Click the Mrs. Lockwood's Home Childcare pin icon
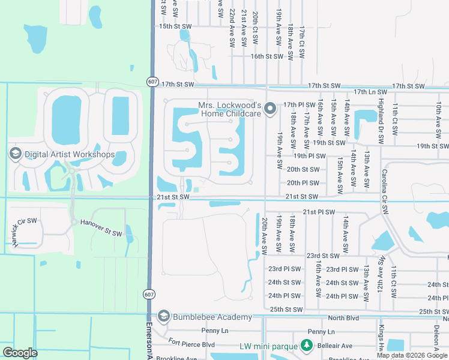270,109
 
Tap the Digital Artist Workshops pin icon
15,154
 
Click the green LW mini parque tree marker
307,346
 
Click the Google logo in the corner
20,353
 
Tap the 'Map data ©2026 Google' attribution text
412,355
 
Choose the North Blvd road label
343,318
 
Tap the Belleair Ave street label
339,346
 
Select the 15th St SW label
174,26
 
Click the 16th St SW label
266,56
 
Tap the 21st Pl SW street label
318,212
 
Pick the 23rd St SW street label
323,255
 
